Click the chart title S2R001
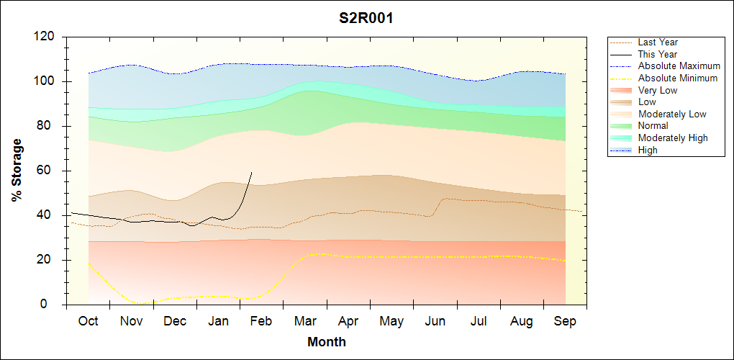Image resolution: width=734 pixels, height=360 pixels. coord(366,19)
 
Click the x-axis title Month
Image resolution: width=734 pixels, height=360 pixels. coord(327,342)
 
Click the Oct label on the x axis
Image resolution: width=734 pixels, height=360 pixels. coord(88,321)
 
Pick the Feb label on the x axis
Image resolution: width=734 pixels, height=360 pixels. coord(261,321)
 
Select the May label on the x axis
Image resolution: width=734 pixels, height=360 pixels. coord(391,321)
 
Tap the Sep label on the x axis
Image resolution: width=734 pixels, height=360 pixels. coord(565,321)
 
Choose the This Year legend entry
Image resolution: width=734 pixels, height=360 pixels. coord(657,54)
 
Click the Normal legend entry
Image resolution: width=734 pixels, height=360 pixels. coord(653,126)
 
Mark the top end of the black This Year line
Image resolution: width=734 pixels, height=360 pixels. coord(251,172)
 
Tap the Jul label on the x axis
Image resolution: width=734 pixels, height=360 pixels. coord(478,321)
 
